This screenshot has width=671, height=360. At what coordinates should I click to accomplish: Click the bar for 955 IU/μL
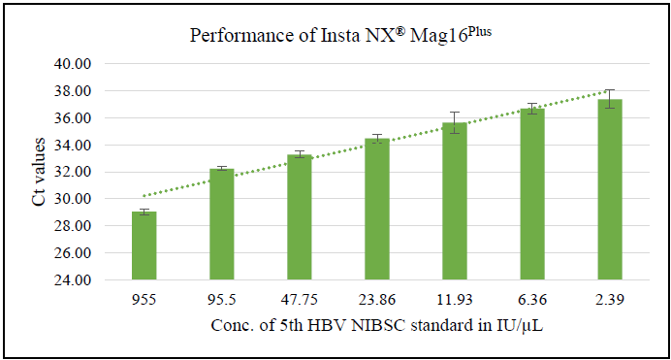click(x=144, y=245)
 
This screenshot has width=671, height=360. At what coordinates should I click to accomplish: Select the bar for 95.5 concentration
click(x=222, y=224)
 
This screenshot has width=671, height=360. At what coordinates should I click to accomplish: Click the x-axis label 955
click(x=144, y=300)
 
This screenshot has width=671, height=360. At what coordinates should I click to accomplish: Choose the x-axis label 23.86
click(x=377, y=300)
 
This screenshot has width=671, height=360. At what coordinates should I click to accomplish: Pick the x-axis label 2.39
click(x=610, y=300)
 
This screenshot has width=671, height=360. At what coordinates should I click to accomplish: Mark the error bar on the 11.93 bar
click(x=455, y=122)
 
